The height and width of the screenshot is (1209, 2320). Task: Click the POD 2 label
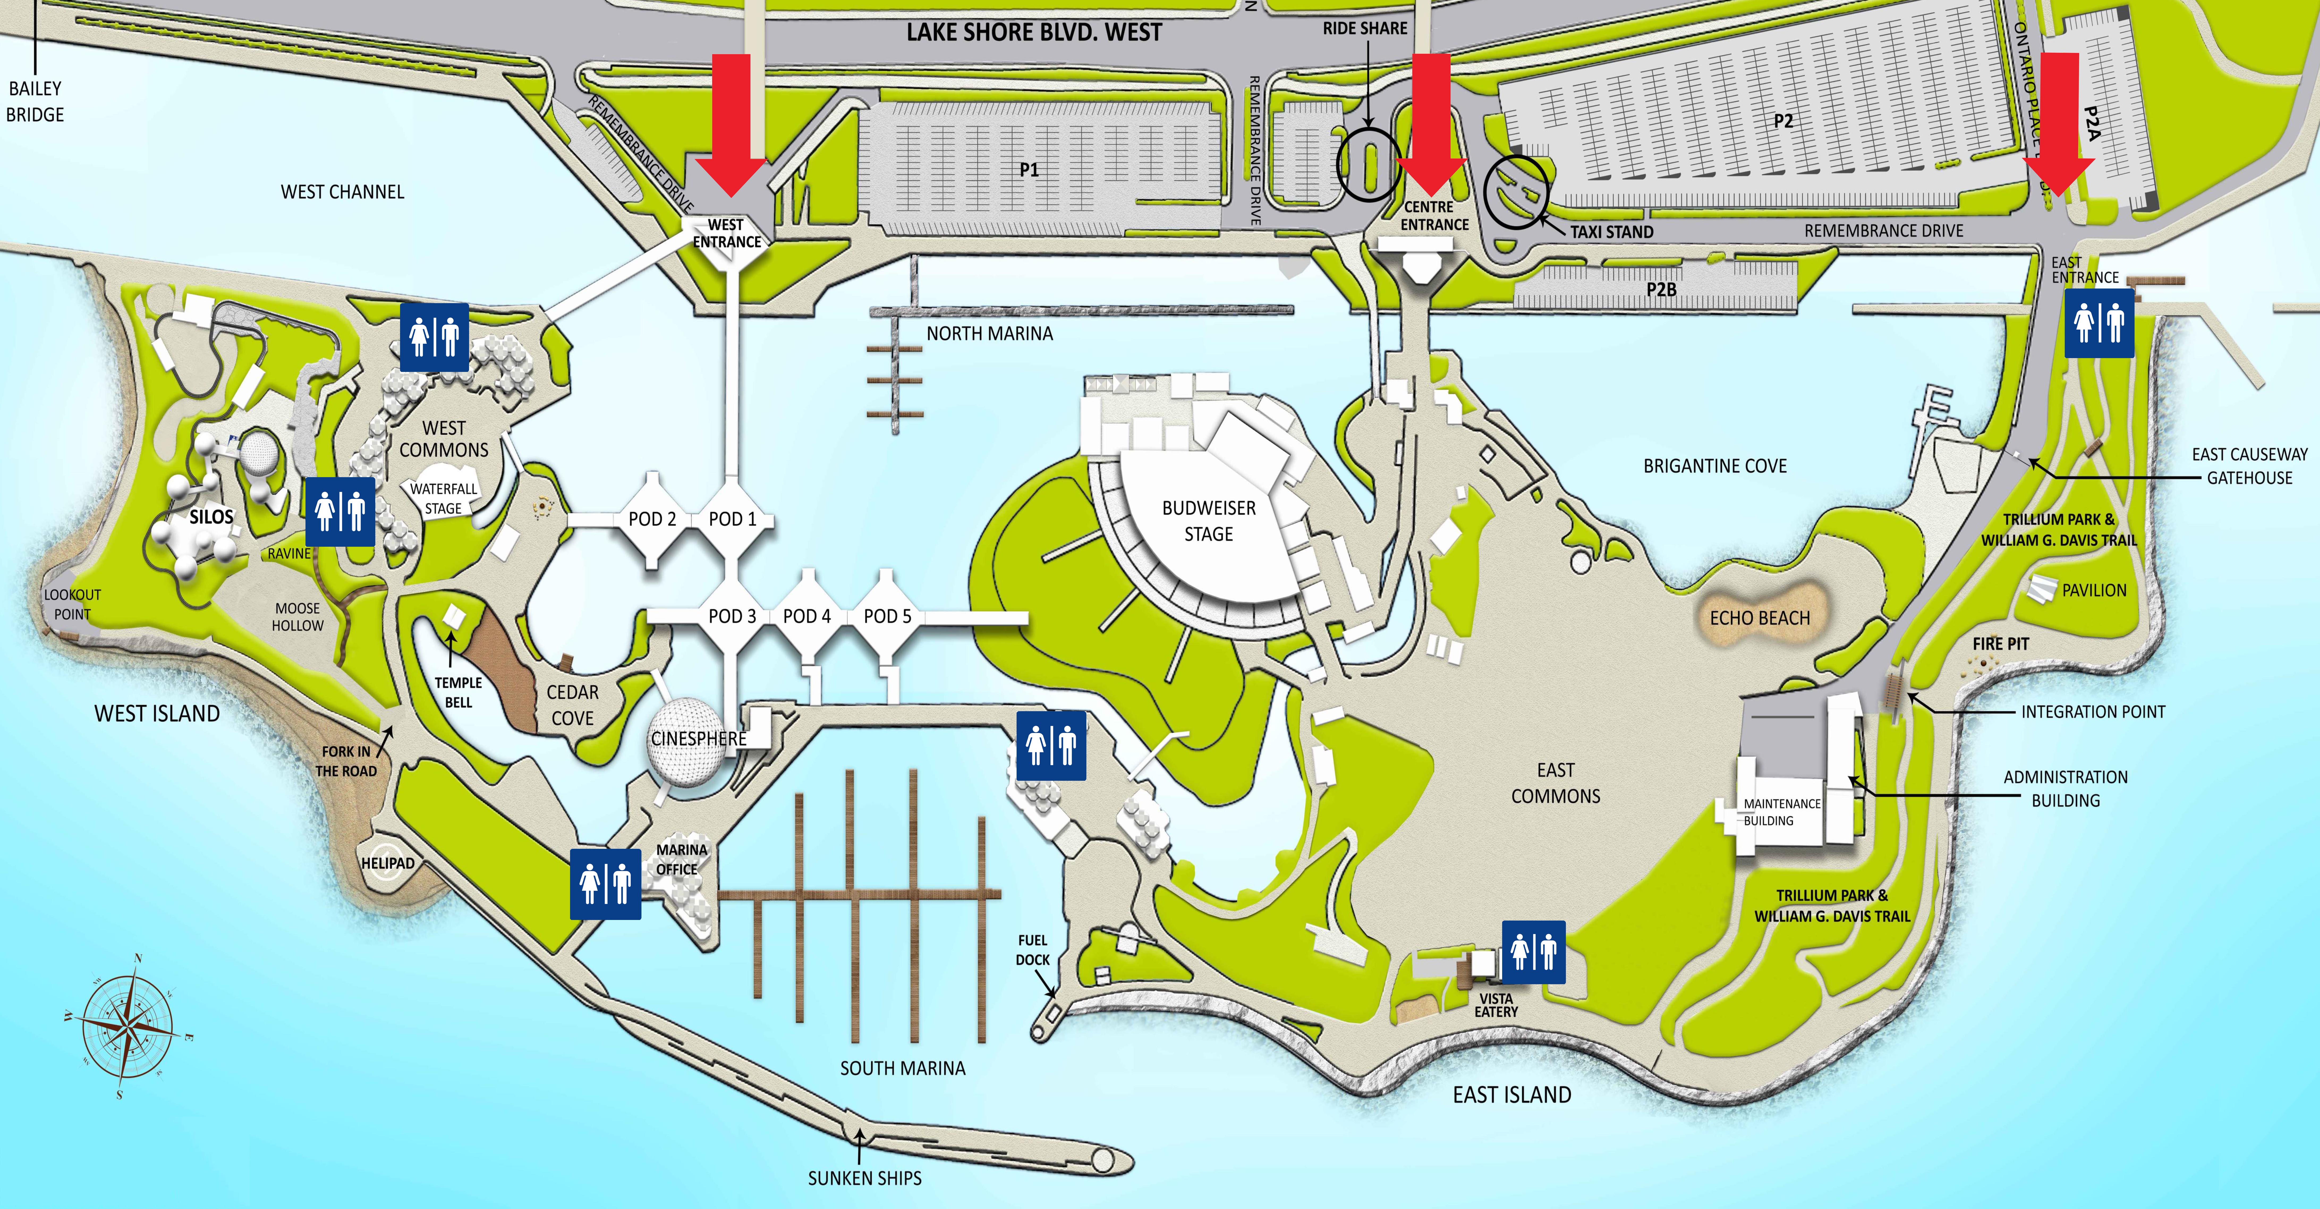point(652,519)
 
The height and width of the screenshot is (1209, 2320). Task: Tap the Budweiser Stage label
point(1209,521)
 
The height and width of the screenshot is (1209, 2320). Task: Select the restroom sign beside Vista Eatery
point(1533,951)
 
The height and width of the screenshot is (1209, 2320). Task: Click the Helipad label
point(388,863)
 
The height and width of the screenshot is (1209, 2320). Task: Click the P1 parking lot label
point(1029,169)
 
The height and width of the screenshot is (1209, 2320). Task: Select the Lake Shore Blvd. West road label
point(1034,32)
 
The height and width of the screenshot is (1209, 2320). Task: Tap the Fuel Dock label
point(1033,949)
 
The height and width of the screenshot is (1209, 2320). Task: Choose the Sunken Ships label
point(865,1177)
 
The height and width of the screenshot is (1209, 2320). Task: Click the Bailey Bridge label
point(35,101)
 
